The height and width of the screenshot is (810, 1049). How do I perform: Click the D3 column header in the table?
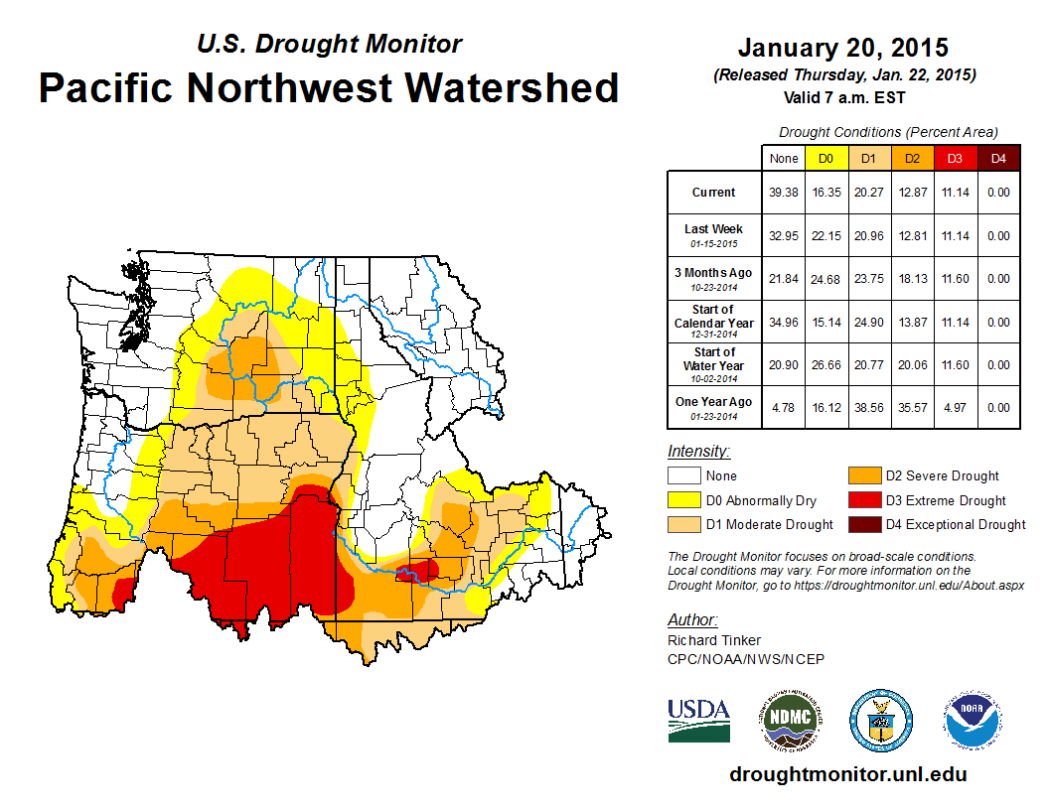point(955,158)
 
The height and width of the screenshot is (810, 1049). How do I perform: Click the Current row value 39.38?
point(783,193)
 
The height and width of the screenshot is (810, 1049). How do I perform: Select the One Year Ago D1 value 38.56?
point(868,408)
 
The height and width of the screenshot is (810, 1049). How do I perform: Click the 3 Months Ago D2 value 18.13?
point(912,279)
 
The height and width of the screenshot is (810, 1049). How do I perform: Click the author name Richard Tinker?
point(714,640)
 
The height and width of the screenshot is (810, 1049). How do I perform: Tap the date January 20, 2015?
point(842,48)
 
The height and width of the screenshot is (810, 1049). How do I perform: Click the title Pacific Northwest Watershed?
point(329,87)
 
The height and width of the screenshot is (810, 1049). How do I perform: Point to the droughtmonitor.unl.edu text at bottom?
point(847,774)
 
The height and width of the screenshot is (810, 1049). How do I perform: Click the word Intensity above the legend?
point(698,452)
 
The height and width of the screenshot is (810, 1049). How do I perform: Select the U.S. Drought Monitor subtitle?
point(330,44)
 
